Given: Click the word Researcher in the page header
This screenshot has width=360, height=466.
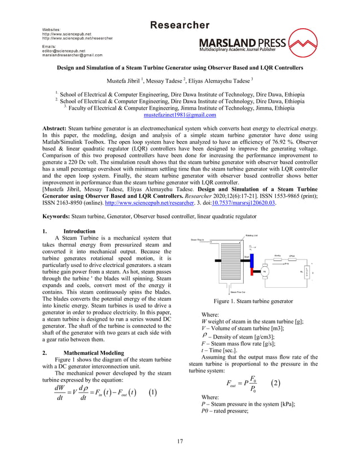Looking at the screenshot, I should [179, 25].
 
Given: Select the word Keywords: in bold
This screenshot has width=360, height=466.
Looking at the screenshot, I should [57, 215].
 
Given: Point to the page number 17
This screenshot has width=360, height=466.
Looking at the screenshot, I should [179, 440].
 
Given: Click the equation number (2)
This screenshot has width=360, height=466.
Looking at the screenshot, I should [275, 367].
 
